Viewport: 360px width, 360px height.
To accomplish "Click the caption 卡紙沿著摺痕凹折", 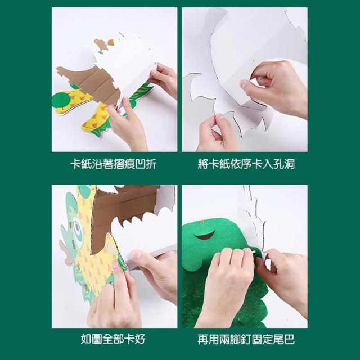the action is click(x=114, y=164).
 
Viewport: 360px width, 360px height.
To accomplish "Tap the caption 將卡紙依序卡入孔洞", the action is click(x=246, y=164).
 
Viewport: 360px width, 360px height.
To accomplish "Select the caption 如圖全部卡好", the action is click(x=114, y=339).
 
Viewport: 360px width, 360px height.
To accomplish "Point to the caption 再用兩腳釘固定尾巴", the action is click(x=246, y=339).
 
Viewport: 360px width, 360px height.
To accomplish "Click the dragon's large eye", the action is click(x=78, y=227).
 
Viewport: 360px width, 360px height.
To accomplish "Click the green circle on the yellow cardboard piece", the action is click(x=61, y=99).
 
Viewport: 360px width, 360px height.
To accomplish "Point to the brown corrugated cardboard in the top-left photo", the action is click(x=92, y=83).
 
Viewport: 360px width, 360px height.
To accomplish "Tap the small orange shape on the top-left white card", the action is click(x=111, y=42).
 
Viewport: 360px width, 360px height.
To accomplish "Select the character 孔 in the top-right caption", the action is click(x=278, y=164).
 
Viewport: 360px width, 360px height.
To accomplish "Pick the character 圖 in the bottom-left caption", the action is click(x=97, y=339).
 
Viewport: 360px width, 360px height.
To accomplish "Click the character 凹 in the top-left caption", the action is click(x=141, y=164).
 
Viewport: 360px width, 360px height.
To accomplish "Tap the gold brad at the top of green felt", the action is click(x=202, y=222).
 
